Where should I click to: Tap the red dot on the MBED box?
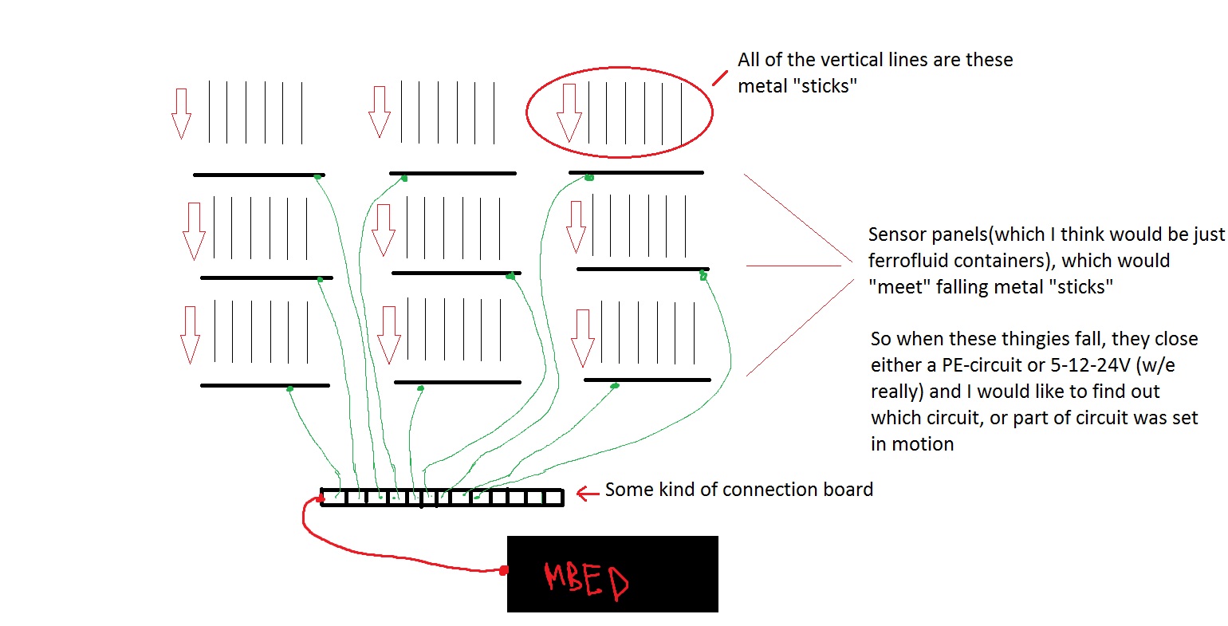504,570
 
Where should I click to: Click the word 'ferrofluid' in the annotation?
910,261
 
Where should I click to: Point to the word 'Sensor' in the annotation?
897,234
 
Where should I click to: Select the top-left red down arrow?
181,113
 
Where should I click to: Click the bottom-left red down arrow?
190,334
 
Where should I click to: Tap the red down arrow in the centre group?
384,230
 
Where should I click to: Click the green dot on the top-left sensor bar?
317,176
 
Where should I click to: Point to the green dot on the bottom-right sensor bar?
614,387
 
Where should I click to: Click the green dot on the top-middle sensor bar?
403,179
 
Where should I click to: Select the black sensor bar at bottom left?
265,385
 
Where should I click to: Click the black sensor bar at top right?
636,172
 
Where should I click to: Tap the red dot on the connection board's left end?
321,499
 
